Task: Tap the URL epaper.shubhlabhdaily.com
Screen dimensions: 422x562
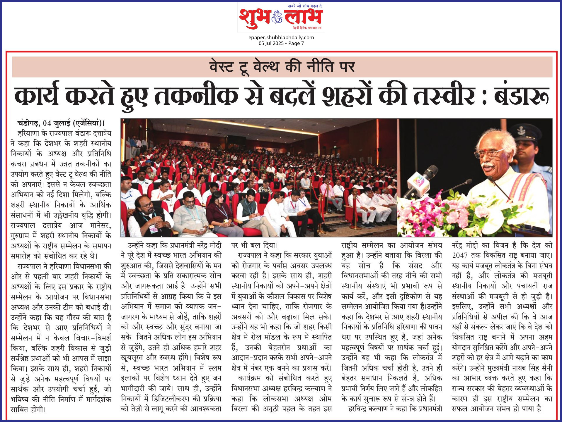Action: coord(281,37)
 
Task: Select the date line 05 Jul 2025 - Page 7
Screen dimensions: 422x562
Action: coord(281,43)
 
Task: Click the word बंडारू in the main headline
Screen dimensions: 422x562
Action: coord(521,96)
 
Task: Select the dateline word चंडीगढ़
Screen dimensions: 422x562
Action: coord(28,123)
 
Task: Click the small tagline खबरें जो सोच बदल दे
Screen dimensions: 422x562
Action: coord(305,6)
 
